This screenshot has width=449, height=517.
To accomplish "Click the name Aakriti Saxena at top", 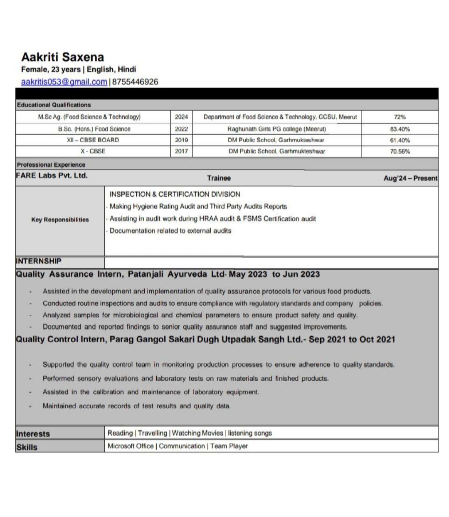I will (x=62, y=57).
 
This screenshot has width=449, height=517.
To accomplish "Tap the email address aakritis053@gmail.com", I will (x=64, y=82).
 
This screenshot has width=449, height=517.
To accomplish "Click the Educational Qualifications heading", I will (x=54, y=105).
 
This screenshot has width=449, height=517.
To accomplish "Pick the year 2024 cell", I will (x=181, y=117).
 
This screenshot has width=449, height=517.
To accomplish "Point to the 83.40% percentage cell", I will (x=400, y=129).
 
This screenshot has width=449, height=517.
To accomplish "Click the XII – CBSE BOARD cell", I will (x=93, y=140).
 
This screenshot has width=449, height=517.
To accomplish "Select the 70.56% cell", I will (x=400, y=152).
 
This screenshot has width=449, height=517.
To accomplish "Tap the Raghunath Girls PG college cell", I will (x=276, y=129).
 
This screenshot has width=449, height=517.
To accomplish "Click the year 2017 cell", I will (x=181, y=152).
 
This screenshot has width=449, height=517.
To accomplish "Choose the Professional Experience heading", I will (x=51, y=165).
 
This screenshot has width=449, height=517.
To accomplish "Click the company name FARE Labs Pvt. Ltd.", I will (x=52, y=176).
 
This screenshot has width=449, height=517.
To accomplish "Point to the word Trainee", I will (x=219, y=178).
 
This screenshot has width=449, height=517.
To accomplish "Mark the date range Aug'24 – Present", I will (x=410, y=178).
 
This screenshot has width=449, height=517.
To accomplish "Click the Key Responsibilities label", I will (x=60, y=220).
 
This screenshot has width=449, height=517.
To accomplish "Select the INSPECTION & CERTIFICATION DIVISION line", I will (x=175, y=194).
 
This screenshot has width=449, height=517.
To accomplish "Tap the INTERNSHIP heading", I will (x=38, y=261).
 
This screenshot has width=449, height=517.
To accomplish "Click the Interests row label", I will (x=33, y=434).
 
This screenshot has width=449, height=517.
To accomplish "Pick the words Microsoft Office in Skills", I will (x=131, y=446).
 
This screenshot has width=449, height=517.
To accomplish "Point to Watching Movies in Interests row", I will (x=197, y=433).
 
